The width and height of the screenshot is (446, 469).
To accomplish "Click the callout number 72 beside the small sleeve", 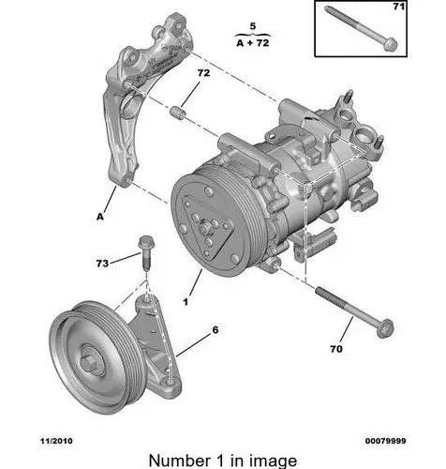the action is pos(203,73).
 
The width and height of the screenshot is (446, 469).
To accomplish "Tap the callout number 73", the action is pos(102,264).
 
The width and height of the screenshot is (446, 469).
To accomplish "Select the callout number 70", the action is pos(336,349).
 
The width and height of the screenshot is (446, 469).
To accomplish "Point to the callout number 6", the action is pos(216,330).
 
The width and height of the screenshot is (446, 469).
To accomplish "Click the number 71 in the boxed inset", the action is pos(399,7).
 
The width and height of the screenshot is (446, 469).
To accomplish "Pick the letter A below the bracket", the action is pos(100,217).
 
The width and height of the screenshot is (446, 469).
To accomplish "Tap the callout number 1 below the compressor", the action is pos(186,302).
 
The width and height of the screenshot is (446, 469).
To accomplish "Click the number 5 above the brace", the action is pos(253,26).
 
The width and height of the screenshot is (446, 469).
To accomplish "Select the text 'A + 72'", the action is pos(253,43).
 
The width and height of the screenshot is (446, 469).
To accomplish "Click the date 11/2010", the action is pos(56,441).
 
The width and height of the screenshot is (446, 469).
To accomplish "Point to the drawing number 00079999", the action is pos(386,441).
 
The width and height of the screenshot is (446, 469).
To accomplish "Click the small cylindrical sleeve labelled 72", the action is pos(177,113).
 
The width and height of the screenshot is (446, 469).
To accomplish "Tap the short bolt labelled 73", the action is pos(145,251).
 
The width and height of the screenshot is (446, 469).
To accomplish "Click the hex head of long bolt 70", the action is pos(385,328).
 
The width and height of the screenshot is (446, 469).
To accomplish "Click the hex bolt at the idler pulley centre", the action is pos(90,363).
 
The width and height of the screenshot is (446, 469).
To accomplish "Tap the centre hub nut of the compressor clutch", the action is pos(204,228).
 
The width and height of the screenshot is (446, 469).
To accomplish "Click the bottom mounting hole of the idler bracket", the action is pos(170,382).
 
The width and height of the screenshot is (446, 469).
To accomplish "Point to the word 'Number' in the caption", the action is pos(180,461).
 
